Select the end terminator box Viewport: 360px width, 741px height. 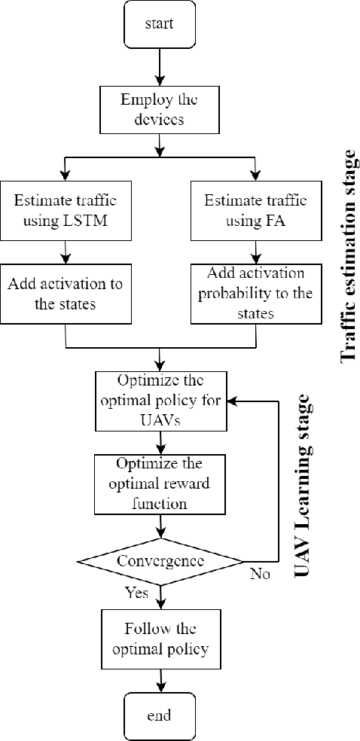point(159,714)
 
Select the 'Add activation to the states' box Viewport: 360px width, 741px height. point(66,294)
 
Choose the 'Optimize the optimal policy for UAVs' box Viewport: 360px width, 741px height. point(159,400)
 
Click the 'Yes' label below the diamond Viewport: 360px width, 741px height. point(136,593)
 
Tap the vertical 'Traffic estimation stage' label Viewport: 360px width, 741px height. point(347,256)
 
